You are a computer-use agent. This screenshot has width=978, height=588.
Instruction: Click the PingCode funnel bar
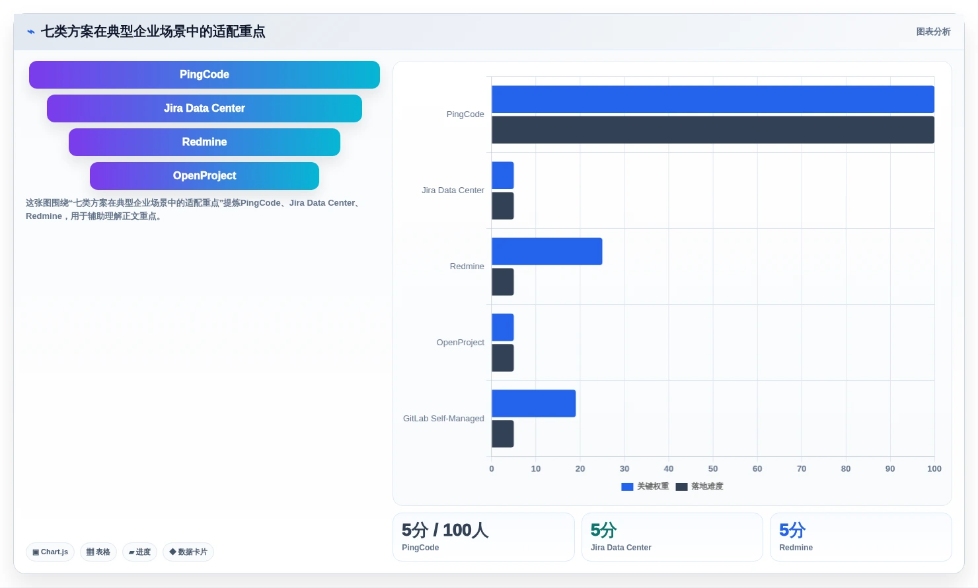(204, 75)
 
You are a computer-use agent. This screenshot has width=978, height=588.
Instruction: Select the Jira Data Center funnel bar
(204, 108)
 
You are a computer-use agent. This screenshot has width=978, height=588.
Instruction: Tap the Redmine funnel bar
(204, 142)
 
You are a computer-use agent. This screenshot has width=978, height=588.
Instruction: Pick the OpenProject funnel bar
(204, 176)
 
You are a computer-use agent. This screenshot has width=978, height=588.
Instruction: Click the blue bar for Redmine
(546, 251)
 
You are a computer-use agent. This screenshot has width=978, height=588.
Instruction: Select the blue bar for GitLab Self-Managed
(533, 403)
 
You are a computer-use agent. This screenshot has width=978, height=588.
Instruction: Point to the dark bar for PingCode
(713, 130)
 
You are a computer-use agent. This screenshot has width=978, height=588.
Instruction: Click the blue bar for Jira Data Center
(502, 175)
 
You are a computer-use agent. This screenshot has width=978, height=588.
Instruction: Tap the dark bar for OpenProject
(502, 358)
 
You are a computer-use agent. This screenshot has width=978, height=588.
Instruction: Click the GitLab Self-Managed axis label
(443, 419)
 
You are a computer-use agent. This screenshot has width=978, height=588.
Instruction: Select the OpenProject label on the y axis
(460, 343)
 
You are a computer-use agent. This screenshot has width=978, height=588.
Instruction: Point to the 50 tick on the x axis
(713, 469)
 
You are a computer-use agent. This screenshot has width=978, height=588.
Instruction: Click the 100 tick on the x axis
(934, 469)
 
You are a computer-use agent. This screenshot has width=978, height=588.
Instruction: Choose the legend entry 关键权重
(646, 486)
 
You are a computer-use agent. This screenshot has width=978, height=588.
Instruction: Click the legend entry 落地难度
(699, 486)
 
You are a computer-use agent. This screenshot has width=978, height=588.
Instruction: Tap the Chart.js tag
(50, 552)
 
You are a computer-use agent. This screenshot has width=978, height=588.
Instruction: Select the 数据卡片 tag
(188, 552)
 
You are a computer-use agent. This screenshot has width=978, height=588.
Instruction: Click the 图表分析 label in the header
(934, 32)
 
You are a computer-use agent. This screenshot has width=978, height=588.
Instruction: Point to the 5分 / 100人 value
(445, 530)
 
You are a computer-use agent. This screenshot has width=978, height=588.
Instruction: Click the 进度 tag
(139, 552)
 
